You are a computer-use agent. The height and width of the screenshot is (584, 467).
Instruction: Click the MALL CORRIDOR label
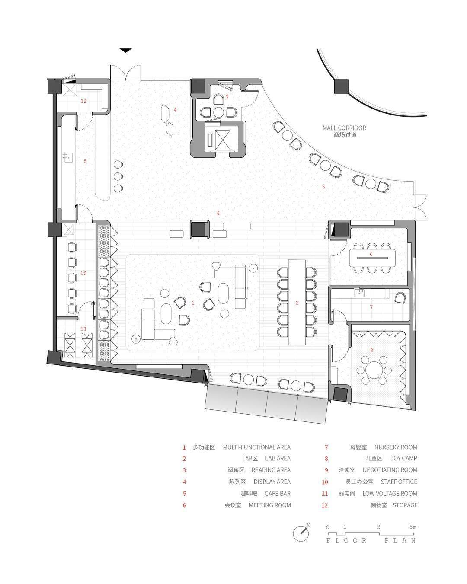pos(344,128)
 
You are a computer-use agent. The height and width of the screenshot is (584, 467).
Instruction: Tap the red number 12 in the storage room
pos(83,101)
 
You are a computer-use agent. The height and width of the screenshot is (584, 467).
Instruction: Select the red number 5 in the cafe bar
pos(85,161)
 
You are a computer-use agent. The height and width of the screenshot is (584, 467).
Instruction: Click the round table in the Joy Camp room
pos(374,370)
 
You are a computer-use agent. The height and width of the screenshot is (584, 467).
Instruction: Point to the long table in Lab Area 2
pos(297,302)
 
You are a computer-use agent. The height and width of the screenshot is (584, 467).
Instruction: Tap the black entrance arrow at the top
pos(126,50)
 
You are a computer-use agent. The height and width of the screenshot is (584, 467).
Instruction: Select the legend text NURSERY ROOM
pos(396,447)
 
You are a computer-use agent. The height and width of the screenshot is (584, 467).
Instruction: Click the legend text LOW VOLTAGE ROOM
pos(390,494)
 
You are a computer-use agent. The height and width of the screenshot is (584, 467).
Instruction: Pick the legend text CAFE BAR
pos(278,494)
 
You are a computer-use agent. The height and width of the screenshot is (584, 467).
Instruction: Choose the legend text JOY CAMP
pos(404,459)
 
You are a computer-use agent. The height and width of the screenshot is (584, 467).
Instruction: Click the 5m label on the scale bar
pos(413,527)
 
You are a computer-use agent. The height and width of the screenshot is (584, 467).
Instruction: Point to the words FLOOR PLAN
pos(371,541)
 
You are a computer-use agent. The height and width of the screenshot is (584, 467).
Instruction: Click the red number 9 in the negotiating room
pos(227,96)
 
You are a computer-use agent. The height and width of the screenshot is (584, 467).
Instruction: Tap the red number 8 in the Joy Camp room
pos(372,350)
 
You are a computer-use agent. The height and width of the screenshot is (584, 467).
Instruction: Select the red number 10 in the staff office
pos(83,273)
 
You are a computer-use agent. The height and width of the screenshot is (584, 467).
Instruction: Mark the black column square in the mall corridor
pos(341,86)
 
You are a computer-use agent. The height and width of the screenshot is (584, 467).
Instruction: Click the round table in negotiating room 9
pos(218,112)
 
